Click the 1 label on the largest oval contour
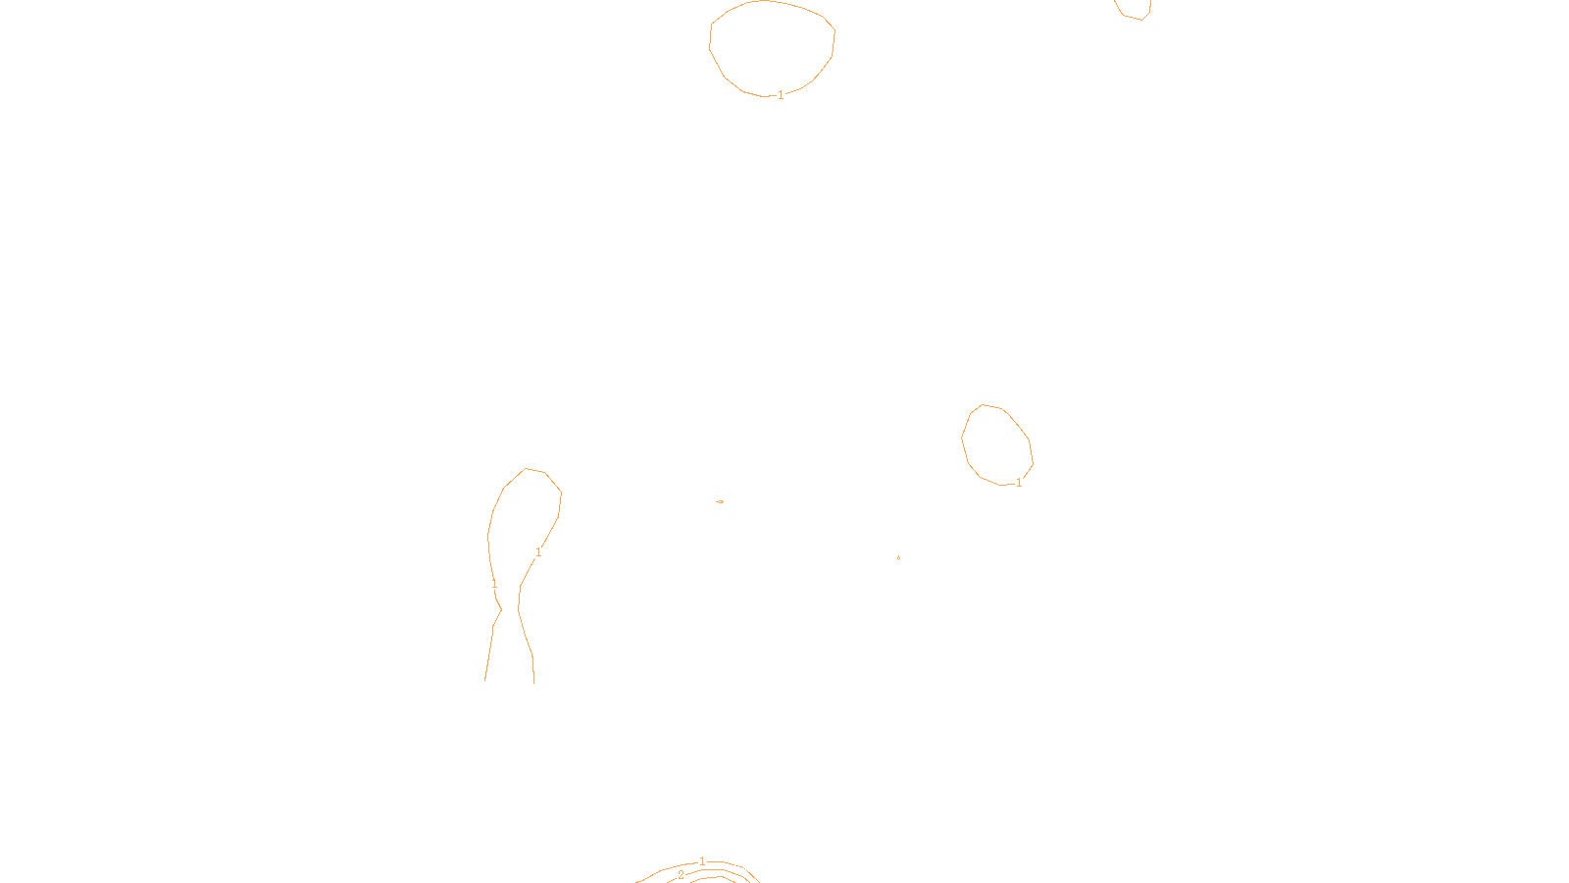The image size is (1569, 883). [781, 95]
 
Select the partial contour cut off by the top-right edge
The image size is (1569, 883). [1134, 12]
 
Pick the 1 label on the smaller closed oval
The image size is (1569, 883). [1019, 483]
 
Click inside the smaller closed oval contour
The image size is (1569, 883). [996, 444]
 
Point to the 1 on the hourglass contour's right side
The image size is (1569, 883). [538, 552]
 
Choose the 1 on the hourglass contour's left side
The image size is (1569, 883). [494, 584]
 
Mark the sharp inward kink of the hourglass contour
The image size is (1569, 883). [501, 609]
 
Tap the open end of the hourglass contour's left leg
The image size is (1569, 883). [485, 679]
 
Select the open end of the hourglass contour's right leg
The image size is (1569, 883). [533, 681]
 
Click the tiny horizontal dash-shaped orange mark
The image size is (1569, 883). [720, 501]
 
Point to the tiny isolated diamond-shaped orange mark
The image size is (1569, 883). [898, 557]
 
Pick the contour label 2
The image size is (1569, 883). [681, 875]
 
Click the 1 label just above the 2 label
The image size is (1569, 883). [702, 861]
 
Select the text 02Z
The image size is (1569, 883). [743, 867]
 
